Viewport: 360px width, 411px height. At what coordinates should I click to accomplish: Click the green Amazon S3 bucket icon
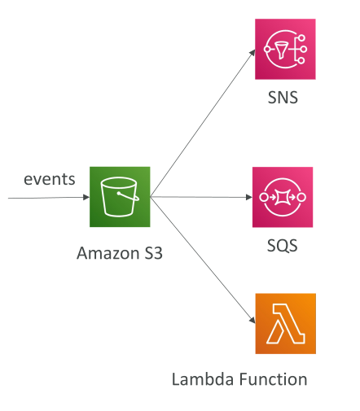point(120,197)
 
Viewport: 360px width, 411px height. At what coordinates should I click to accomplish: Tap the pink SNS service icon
point(285,49)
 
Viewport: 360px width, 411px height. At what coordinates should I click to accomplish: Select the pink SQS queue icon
point(283,197)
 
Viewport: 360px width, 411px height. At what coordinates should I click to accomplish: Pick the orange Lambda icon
point(285,323)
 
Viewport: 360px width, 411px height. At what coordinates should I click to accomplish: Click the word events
point(50,179)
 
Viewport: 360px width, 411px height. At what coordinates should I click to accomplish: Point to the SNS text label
point(283,98)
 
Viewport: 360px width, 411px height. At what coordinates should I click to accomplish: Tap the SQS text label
point(283,246)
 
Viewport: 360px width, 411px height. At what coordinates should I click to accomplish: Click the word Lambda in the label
point(203,379)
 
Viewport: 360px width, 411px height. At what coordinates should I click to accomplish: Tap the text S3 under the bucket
point(153,253)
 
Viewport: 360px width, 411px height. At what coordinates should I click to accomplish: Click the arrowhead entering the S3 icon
point(86,197)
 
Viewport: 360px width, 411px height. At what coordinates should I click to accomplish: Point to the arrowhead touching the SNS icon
point(252,52)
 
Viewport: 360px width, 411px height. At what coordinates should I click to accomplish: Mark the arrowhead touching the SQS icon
point(249,197)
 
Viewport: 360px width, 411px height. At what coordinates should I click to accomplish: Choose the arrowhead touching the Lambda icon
point(252,320)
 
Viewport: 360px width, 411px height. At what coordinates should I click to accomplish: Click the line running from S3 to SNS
point(203,123)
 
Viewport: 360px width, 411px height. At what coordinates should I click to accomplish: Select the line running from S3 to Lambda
point(203,260)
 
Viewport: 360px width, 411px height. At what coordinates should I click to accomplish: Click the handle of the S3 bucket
point(130,196)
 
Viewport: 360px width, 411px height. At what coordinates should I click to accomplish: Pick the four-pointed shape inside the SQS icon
point(283,197)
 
